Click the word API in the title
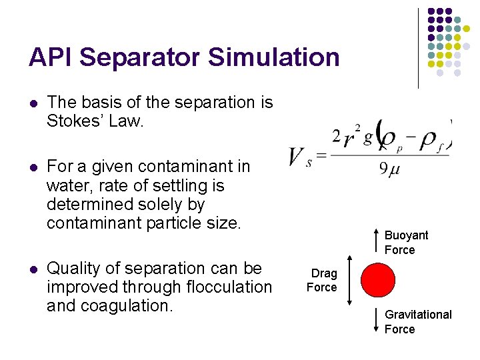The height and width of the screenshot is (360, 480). pyautogui.click(x=48, y=57)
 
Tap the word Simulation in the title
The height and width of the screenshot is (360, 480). pyautogui.click(x=274, y=57)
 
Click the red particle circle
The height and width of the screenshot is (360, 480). pyautogui.click(x=377, y=280)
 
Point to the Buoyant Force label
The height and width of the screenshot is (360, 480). pyautogui.click(x=405, y=243)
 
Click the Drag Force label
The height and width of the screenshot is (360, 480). pyautogui.click(x=323, y=280)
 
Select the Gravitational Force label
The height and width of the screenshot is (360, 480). pyautogui.click(x=418, y=321)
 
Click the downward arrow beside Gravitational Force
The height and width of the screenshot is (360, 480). pyautogui.click(x=378, y=321)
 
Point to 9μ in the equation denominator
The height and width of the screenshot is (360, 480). pyautogui.click(x=389, y=169)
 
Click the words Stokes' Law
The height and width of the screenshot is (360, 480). pyautogui.click(x=95, y=121)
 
